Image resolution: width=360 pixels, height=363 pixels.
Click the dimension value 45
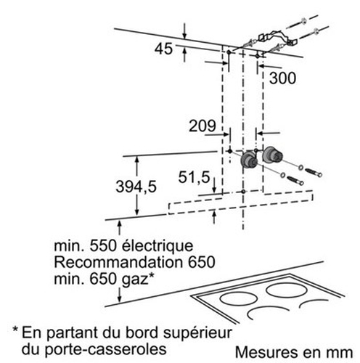point(163,49)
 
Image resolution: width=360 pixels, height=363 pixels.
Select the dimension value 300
point(282,78)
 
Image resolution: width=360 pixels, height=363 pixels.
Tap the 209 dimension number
point(202,126)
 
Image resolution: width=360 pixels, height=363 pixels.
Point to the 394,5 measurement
point(136,187)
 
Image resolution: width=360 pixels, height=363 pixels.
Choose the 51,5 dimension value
point(194,177)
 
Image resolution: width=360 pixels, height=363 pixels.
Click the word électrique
point(157,245)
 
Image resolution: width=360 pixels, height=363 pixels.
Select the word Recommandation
point(118,262)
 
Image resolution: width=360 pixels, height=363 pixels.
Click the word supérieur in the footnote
point(197,333)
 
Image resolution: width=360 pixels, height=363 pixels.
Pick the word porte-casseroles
point(106,349)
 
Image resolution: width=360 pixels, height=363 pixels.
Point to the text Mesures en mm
point(294,352)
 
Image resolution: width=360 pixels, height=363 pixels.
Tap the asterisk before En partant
point(16,330)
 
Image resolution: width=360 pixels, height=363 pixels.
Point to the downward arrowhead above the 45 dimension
point(184,36)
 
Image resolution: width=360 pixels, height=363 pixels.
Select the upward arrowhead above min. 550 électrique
point(120,224)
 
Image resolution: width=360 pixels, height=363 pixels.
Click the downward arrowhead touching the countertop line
point(120,299)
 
